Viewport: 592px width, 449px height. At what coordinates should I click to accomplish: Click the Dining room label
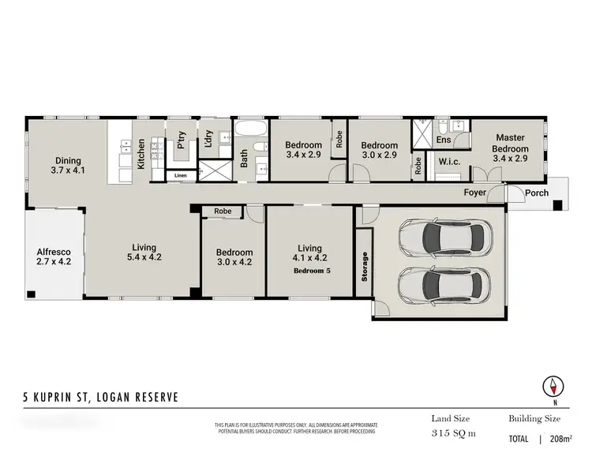67,164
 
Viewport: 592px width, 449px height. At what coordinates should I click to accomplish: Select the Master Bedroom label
509,148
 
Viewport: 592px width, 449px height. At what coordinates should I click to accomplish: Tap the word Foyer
475,193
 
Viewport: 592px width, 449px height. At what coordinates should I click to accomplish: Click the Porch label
537,193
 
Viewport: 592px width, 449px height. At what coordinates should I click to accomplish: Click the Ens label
444,140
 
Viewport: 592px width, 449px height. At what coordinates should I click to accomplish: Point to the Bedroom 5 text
312,271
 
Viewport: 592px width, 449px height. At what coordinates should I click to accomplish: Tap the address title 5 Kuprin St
99,396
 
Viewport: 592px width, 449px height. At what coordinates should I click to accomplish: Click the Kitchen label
141,154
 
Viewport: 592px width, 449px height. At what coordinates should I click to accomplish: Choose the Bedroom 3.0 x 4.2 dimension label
234,258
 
